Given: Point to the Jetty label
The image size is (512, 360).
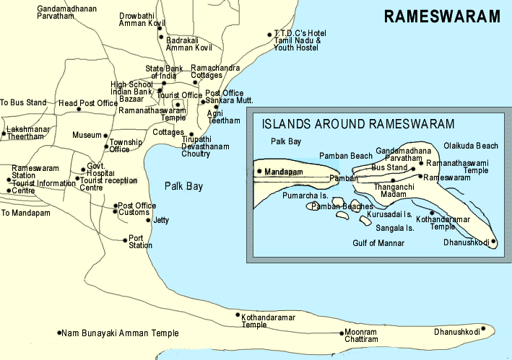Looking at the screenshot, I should (162, 220).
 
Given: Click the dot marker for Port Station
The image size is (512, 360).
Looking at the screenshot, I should (125, 239).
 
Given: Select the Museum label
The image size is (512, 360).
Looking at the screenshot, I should (87, 136).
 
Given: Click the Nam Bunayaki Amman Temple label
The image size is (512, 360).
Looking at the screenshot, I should (120, 333).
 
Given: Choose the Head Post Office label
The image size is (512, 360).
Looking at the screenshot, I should (87, 104).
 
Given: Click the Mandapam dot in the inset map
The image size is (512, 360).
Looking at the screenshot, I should (259, 171).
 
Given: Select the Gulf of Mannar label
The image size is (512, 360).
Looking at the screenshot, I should (378, 243).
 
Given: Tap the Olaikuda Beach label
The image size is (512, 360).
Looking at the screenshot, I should (471, 146).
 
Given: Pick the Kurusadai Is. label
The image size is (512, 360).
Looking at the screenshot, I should (389, 215).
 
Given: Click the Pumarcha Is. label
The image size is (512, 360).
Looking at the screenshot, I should (305, 196).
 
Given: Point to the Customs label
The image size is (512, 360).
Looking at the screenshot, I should (134, 213).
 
